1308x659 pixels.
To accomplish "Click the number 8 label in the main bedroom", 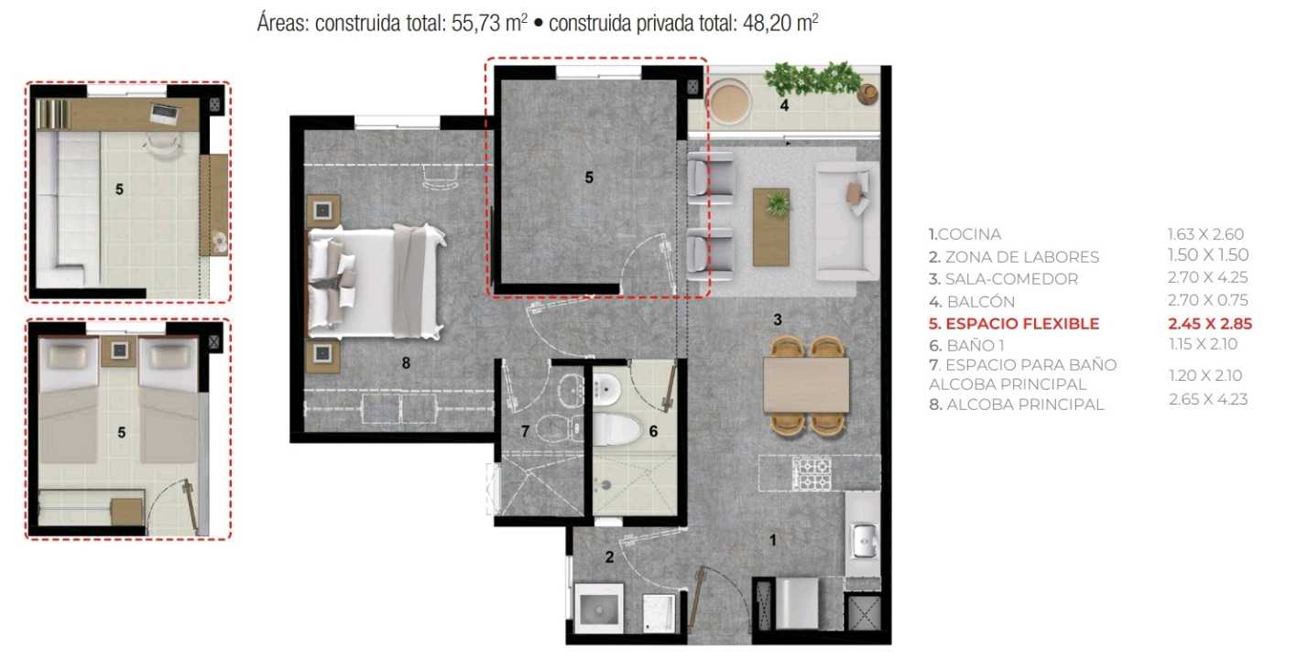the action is click(x=406, y=363).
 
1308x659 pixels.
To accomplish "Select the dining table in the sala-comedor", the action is click(x=806, y=384).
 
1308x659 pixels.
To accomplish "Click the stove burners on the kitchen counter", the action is click(x=812, y=473).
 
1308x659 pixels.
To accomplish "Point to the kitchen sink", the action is click(x=863, y=541).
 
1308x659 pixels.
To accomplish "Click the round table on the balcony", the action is click(x=730, y=103).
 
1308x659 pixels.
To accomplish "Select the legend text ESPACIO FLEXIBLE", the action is click(x=1022, y=323).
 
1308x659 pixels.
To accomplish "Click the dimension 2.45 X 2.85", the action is click(x=1210, y=323).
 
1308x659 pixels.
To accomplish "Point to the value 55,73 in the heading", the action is click(x=476, y=24).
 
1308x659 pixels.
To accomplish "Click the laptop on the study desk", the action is click(x=163, y=113).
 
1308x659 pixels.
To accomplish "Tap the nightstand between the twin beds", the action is click(x=120, y=351).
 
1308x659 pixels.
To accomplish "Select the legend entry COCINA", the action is click(x=969, y=234).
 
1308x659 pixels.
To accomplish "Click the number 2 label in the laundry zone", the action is click(x=609, y=556).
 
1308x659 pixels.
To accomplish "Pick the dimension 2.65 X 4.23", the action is click(x=1208, y=399).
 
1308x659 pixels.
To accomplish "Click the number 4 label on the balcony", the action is click(x=784, y=105).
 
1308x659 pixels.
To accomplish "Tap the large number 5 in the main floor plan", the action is click(x=589, y=178).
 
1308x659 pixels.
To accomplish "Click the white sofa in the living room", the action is click(x=846, y=221).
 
